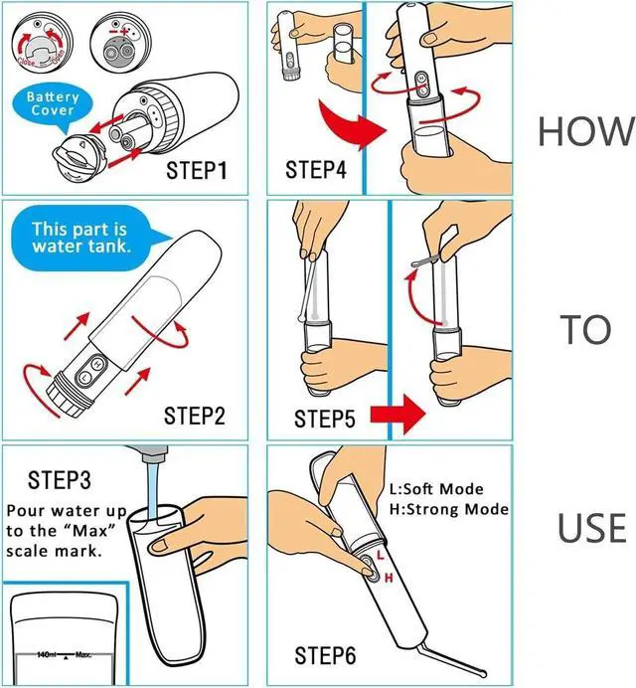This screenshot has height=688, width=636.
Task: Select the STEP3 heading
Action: pyautogui.click(x=61, y=481)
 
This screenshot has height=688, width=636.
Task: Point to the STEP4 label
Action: pyautogui.click(x=316, y=170)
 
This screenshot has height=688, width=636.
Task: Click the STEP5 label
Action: pyautogui.click(x=324, y=419)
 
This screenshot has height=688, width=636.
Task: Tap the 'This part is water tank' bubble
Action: pyautogui.click(x=80, y=238)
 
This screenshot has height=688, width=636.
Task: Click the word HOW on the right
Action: pyautogui.click(x=585, y=131)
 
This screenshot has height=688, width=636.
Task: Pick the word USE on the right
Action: pyautogui.click(x=591, y=529)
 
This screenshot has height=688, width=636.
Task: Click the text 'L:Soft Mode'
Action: pyautogui.click(x=436, y=489)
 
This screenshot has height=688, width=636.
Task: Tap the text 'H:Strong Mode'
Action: pyautogui.click(x=448, y=509)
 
